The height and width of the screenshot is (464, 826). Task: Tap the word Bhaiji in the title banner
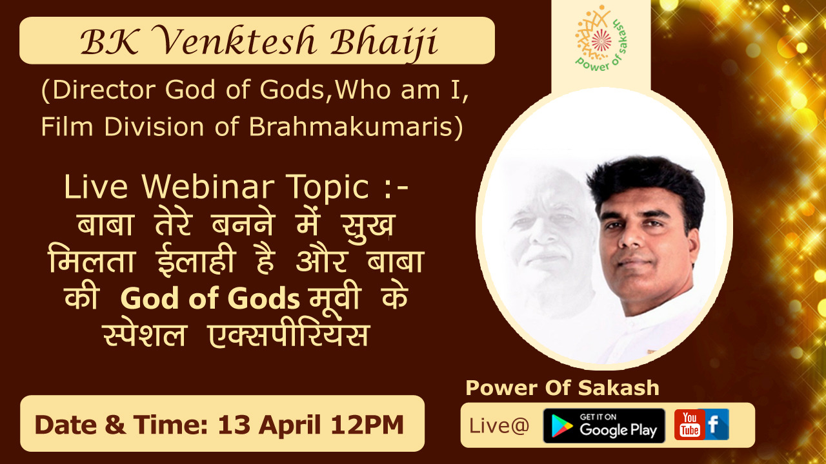point(383,43)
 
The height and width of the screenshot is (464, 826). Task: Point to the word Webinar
point(208,187)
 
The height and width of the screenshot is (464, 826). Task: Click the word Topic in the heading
point(327,188)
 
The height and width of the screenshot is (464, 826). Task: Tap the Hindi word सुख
point(368,226)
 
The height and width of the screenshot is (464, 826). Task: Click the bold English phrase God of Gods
point(210,298)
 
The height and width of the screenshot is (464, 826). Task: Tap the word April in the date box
point(290,425)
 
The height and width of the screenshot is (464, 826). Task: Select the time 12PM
point(367,425)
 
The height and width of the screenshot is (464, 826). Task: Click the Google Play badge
point(604,425)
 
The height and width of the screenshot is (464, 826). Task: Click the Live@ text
point(499,426)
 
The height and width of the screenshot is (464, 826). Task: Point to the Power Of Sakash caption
point(562,388)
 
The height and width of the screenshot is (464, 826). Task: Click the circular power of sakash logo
point(601,39)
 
